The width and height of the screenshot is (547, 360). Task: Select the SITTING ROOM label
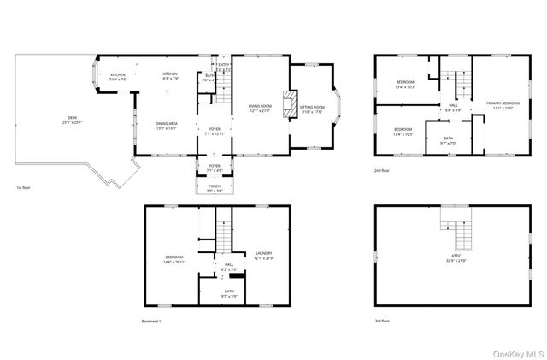pyautogui.click(x=312, y=108)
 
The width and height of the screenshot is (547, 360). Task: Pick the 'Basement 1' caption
pyautogui.click(x=151, y=321)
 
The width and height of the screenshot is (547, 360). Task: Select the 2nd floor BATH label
pyautogui.click(x=448, y=139)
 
